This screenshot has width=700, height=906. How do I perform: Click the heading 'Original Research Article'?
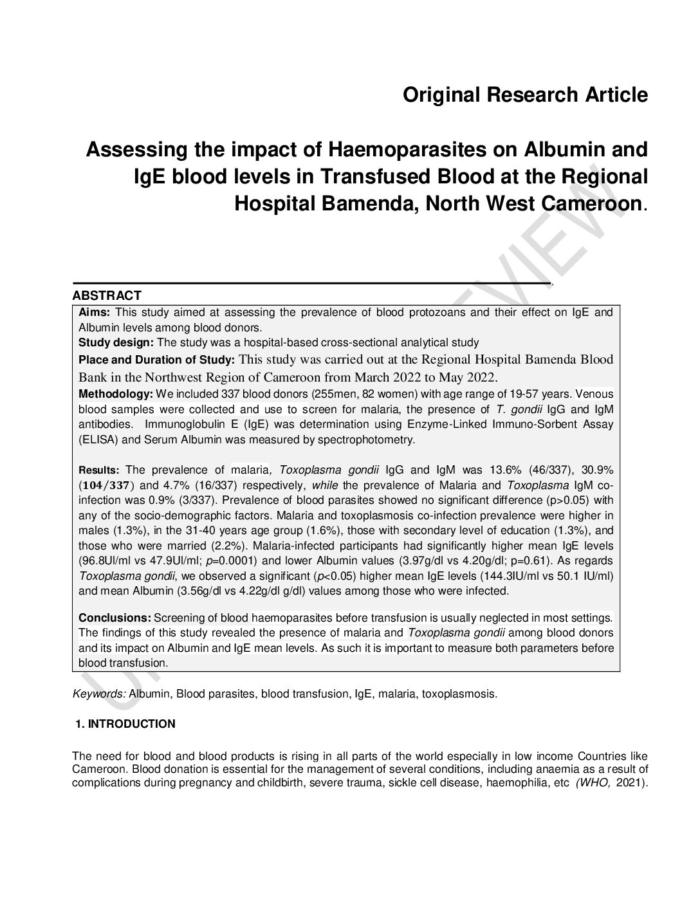[x=525, y=95]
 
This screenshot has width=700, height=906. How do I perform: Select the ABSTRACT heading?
[x=107, y=296]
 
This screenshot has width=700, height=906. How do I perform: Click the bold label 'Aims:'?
[x=95, y=313]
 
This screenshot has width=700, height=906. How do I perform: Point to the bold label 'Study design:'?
[x=116, y=342]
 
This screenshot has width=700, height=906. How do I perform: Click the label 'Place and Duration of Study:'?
[x=157, y=359]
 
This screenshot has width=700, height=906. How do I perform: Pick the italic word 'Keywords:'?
[x=100, y=694]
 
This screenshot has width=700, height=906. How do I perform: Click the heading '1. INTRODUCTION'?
[x=125, y=724]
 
